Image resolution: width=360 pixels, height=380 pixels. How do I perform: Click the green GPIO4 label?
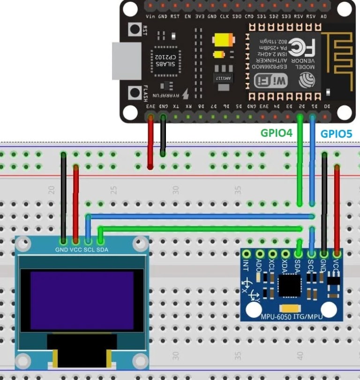pos(277,133)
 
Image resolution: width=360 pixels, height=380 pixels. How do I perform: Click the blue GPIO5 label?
pos(336,133)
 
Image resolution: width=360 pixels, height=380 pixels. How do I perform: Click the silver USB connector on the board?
pos(126,61)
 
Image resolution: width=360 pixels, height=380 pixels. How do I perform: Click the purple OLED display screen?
pos(82,300)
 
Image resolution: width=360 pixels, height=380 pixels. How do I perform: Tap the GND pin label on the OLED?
pos(61,250)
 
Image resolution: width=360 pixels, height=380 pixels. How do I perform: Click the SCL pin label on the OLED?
pos(89,250)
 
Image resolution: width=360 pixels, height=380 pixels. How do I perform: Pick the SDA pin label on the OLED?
pos(102,250)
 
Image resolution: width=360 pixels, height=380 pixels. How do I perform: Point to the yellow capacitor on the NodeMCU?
pos(223,40)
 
